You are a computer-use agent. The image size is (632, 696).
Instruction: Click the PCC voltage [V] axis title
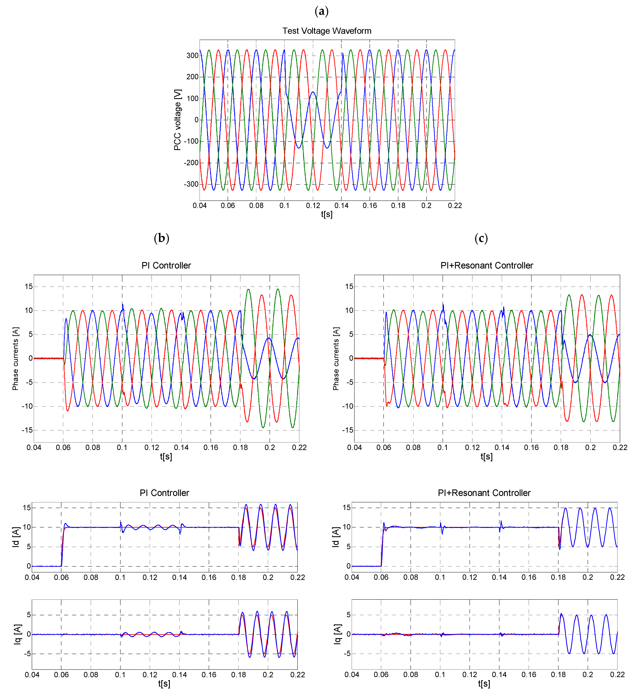click(177, 120)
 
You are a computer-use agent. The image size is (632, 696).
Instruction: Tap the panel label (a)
click(321, 11)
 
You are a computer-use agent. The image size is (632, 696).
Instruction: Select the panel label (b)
click(161, 238)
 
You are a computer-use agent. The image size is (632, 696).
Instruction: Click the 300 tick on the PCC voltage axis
click(192, 56)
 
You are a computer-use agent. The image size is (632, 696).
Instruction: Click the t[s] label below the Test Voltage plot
click(326, 214)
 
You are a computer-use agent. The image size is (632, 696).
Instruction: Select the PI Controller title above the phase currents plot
click(166, 266)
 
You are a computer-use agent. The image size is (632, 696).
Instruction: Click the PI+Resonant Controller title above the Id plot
click(484, 493)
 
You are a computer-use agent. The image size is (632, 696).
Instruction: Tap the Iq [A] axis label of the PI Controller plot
click(18, 634)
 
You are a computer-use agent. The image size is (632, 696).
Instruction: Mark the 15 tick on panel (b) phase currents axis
click(29, 287)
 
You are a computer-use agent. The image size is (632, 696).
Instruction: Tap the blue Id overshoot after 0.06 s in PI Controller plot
click(66, 524)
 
